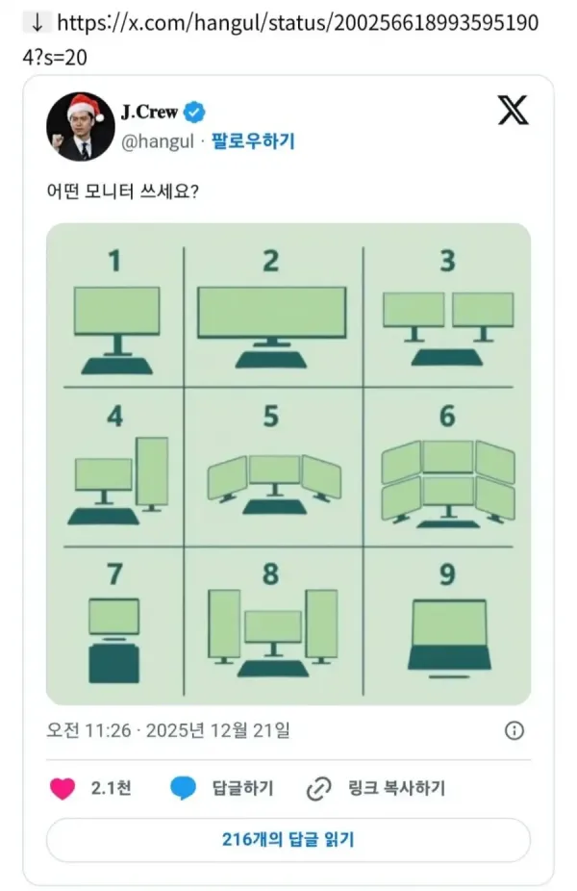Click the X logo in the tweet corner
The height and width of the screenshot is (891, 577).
click(514, 111)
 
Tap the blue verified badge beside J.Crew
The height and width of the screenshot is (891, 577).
click(194, 112)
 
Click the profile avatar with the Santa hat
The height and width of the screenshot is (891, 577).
click(80, 126)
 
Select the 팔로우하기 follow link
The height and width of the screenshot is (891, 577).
click(253, 140)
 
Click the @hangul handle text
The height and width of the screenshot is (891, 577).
click(158, 141)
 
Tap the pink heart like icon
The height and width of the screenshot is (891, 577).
click(63, 789)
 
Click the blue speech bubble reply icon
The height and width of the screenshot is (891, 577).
click(183, 788)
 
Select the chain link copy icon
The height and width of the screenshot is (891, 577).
click(318, 789)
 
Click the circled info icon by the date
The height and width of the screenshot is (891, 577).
click(514, 730)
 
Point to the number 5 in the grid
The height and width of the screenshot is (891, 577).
click(271, 416)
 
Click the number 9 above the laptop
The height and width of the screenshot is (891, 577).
click(447, 573)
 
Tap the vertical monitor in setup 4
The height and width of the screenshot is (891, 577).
click(152, 471)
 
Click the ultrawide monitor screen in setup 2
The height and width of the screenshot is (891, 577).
click(271, 312)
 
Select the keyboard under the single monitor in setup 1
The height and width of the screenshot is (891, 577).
click(117, 366)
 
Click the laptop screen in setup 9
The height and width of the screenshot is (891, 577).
click(449, 623)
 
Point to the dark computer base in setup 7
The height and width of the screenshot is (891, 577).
click(114, 663)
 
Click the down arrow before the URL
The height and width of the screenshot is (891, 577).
click(38, 22)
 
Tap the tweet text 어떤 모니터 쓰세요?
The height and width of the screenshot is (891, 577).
click(123, 191)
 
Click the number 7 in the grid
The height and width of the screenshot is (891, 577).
click(115, 573)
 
